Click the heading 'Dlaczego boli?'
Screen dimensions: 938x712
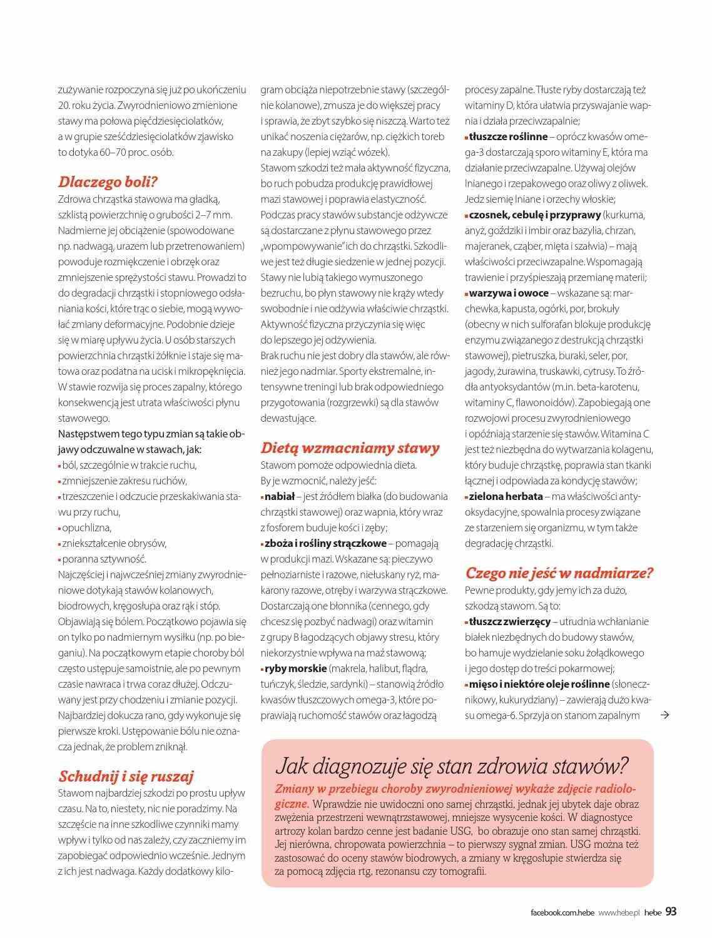(108, 182)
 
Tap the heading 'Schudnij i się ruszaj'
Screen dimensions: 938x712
(126, 777)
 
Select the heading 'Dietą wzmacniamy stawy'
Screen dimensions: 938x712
(350, 448)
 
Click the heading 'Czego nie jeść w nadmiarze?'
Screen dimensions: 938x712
(559, 573)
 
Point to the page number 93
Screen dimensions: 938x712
(671, 911)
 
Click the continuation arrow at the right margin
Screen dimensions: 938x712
(666, 715)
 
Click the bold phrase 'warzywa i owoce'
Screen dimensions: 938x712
(508, 293)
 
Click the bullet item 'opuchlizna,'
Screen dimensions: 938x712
(86, 528)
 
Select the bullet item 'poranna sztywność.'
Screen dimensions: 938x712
(104, 559)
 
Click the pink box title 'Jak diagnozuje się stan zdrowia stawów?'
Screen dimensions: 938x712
(452, 766)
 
